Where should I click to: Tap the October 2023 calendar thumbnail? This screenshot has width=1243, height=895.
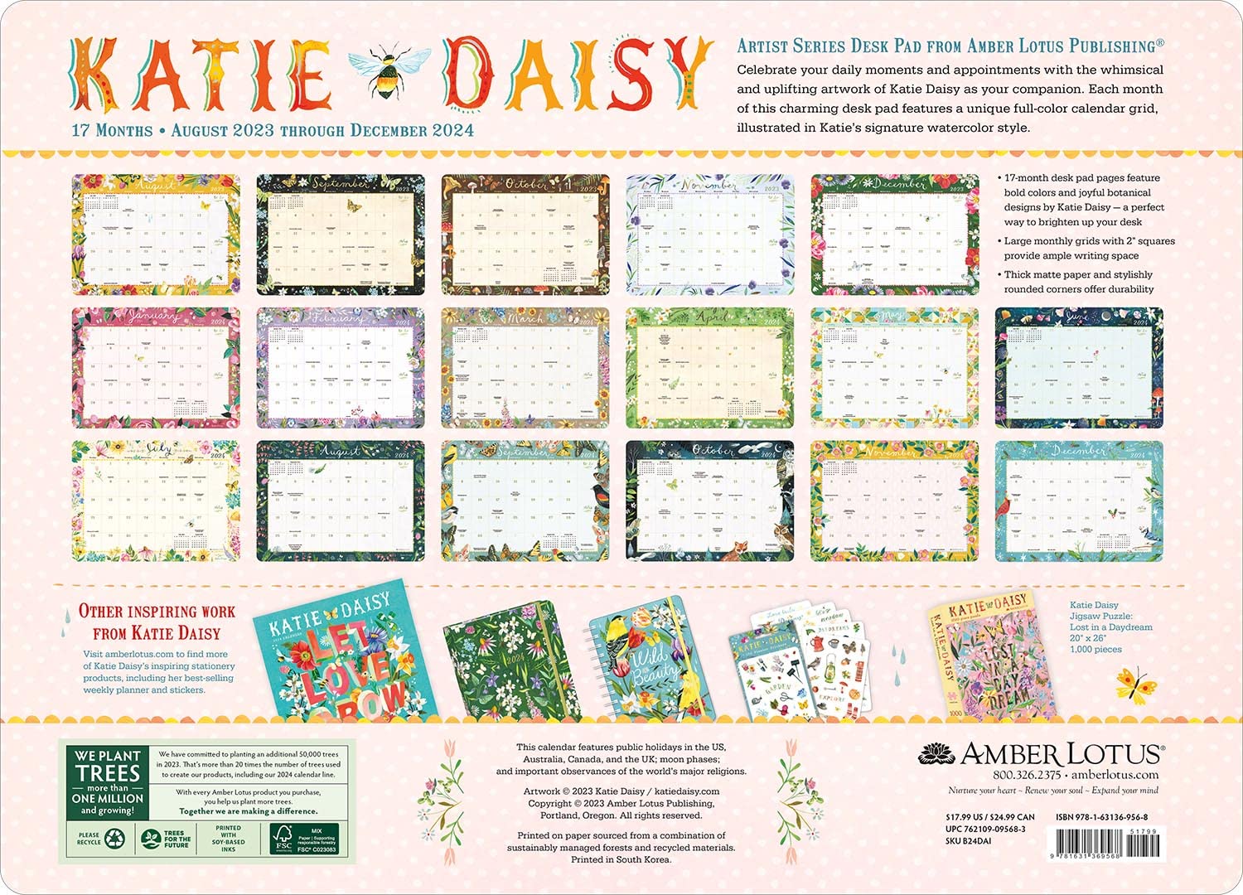pyautogui.click(x=525, y=235)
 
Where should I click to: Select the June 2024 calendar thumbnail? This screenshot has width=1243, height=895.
pyautogui.click(x=1079, y=368)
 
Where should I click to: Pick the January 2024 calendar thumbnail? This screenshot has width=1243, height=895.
pyautogui.click(x=156, y=368)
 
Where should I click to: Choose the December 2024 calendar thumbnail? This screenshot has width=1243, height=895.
pyautogui.click(x=1079, y=501)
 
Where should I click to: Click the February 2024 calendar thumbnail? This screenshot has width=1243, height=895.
pyautogui.click(x=341, y=368)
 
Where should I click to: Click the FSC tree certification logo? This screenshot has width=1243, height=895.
pyautogui.click(x=282, y=838)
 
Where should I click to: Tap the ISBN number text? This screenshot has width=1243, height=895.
pyautogui.click(x=1101, y=817)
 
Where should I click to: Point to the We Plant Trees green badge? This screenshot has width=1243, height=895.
pyautogui.click(x=108, y=781)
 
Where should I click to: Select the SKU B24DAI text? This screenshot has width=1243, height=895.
pyautogui.click(x=968, y=840)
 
